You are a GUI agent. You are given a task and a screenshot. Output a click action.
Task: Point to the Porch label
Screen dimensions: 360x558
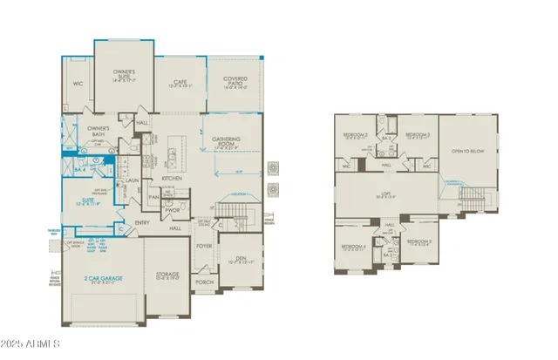(203, 282)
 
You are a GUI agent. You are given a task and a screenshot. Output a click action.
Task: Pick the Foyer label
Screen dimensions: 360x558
(203, 247)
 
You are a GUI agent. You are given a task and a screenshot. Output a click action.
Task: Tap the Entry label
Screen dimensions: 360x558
(142, 222)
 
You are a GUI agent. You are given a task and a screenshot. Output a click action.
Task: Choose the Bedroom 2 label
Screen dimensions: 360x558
(354, 135)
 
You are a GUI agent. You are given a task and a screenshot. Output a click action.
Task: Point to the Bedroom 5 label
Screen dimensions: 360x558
(418, 241)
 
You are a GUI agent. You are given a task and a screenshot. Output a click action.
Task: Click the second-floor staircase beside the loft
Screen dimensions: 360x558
(469, 193)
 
